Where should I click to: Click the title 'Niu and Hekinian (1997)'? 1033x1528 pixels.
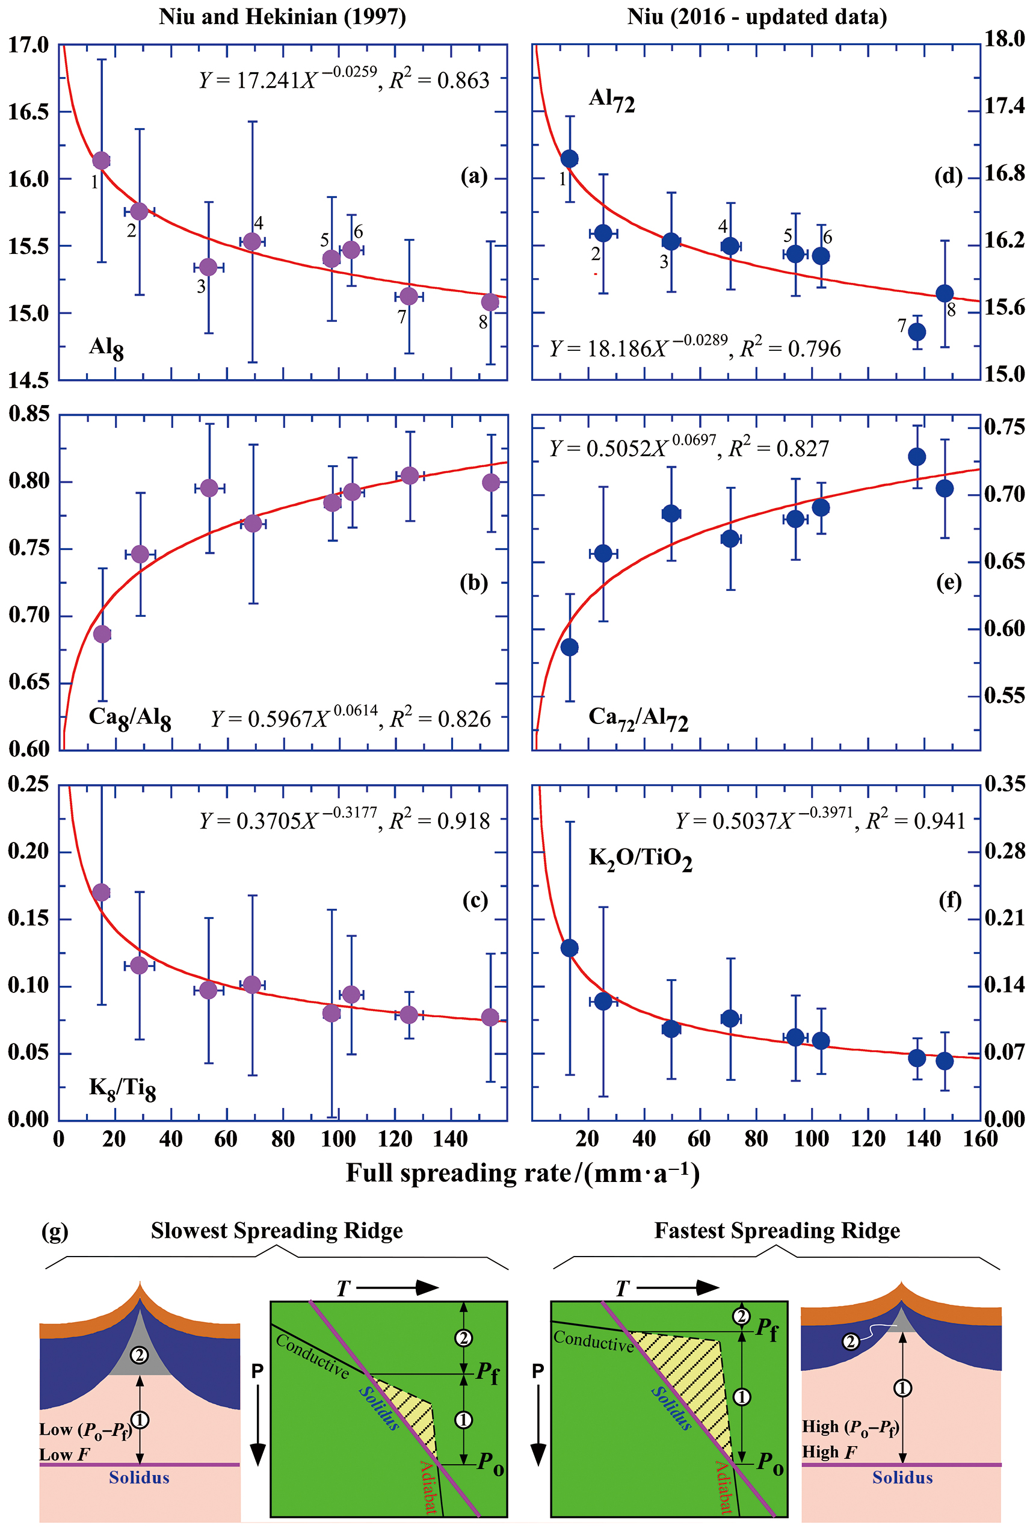pyautogui.click(x=282, y=16)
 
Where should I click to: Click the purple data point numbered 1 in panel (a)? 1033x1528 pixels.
pyautogui.click(x=101, y=161)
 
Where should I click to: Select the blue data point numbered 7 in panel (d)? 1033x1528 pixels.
pyautogui.click(x=917, y=332)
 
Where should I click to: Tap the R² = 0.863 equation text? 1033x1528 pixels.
pyautogui.click(x=440, y=80)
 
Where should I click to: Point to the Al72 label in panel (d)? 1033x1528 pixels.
pyautogui.click(x=611, y=100)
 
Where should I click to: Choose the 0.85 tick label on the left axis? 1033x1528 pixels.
pyautogui.click(x=29, y=413)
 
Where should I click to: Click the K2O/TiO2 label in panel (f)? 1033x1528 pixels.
pyautogui.click(x=640, y=859)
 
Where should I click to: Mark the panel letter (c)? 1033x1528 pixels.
pyautogui.click(x=475, y=900)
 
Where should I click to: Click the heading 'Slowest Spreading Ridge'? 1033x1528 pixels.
pyautogui.click(x=277, y=1231)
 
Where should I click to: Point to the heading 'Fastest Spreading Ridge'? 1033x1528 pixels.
pyautogui.click(x=777, y=1231)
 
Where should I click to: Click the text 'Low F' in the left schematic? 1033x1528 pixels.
pyautogui.click(x=64, y=1455)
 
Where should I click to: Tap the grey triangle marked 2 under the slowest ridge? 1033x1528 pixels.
pyautogui.click(x=140, y=1355)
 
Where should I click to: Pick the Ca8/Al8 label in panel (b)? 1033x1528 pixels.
pyautogui.click(x=129, y=718)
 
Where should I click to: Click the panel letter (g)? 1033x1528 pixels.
pyautogui.click(x=55, y=1231)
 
